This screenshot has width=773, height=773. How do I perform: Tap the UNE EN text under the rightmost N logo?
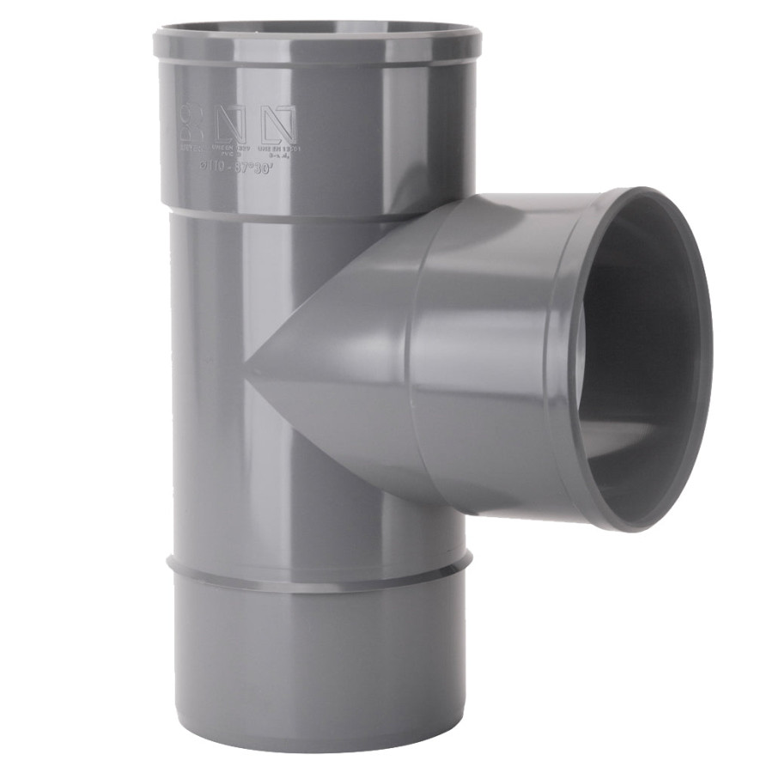click(x=280, y=148)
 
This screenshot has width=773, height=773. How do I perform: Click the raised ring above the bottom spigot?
click(x=318, y=569)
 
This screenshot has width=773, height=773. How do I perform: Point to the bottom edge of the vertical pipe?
click(x=318, y=746)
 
